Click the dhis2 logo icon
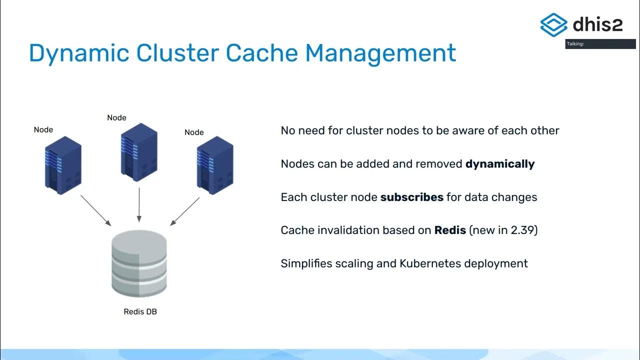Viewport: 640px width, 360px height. [553, 24]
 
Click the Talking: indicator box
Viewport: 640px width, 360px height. [600, 44]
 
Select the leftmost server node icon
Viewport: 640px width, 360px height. [63, 165]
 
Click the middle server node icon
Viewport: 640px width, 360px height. [139, 152]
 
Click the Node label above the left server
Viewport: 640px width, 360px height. [43, 129]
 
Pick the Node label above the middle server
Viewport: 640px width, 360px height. [116, 117]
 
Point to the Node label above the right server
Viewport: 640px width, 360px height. [194, 132]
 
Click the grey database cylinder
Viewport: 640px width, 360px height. [139, 265]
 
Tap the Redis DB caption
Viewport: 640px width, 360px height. [140, 311]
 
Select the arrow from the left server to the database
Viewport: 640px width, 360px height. [95, 210]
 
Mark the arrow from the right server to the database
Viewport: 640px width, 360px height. [185, 211]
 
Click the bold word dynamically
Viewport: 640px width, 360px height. [500, 164]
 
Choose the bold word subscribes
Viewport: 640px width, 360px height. [411, 197]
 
